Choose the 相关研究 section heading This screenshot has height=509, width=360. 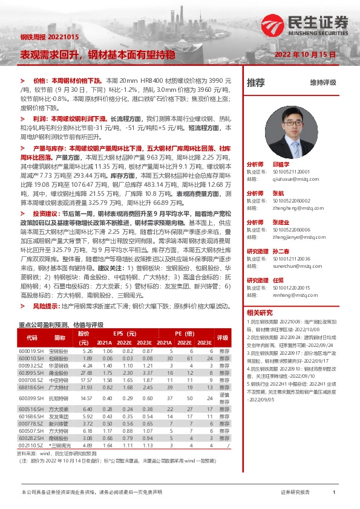pos(260,313)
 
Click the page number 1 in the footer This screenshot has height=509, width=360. pos(334,493)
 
